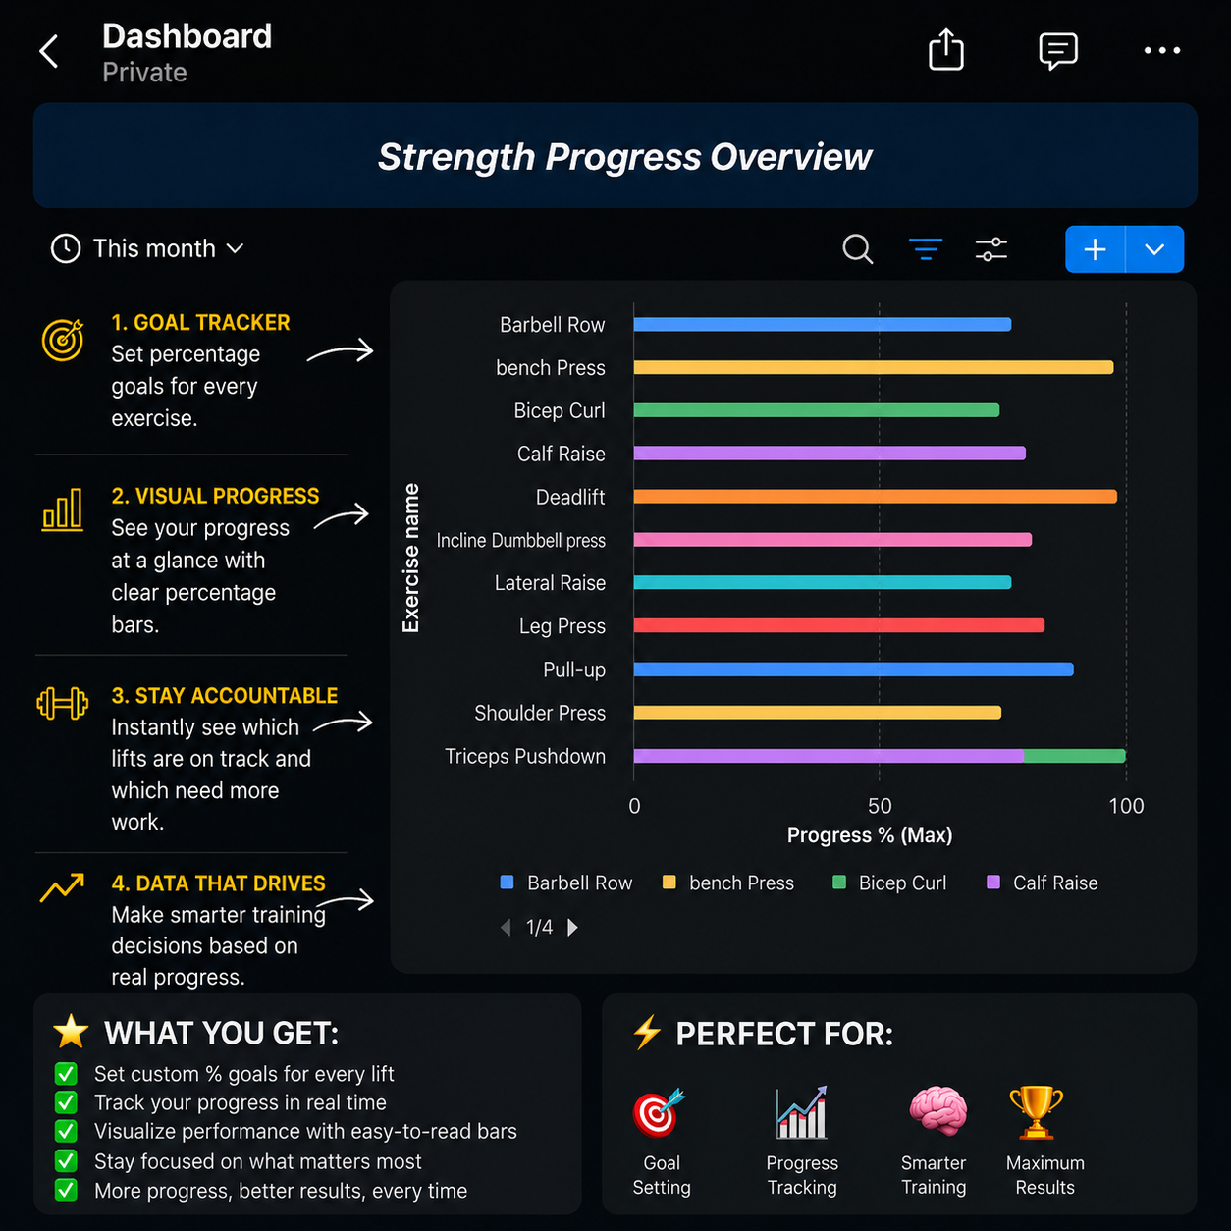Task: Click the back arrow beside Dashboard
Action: click(48, 51)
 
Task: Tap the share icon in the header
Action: click(945, 49)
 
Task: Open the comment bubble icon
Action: click(1058, 51)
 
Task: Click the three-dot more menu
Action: click(1162, 50)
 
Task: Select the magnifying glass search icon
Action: click(857, 249)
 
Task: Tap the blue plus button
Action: click(1095, 249)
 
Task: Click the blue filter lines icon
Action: click(925, 249)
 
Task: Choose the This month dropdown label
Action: click(154, 248)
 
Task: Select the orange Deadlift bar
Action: click(876, 497)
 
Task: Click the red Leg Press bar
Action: click(838, 625)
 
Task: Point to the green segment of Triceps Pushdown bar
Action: click(1075, 756)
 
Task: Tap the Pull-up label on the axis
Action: click(573, 669)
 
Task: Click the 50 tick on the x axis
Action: click(880, 806)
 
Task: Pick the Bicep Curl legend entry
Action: click(889, 883)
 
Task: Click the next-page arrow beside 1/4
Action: click(572, 927)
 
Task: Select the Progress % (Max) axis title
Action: click(870, 835)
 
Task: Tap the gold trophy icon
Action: click(1037, 1112)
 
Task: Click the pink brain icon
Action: click(937, 1111)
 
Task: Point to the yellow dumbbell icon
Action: click(62, 703)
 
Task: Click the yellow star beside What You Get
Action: click(71, 1032)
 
